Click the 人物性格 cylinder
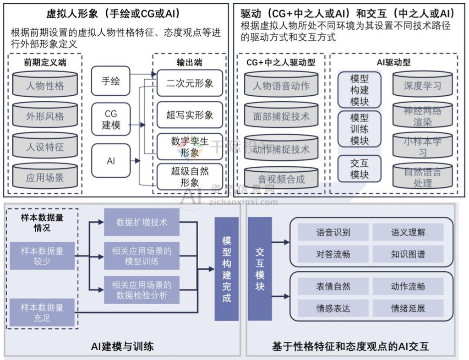point(45,86)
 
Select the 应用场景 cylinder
point(45,178)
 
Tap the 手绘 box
point(110,81)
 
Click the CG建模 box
point(110,119)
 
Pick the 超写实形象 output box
point(190,115)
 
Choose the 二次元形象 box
point(190,83)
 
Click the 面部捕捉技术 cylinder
point(281,117)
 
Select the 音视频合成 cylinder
point(281,179)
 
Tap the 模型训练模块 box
point(359,129)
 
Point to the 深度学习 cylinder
point(422,86)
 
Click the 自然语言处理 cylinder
point(422,178)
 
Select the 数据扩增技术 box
point(142,223)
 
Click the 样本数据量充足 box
point(42,312)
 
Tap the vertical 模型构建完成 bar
point(227,269)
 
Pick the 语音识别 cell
point(333,232)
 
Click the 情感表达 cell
point(333,308)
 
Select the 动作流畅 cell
point(408,286)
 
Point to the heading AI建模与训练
point(122,346)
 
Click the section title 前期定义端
point(45,62)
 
